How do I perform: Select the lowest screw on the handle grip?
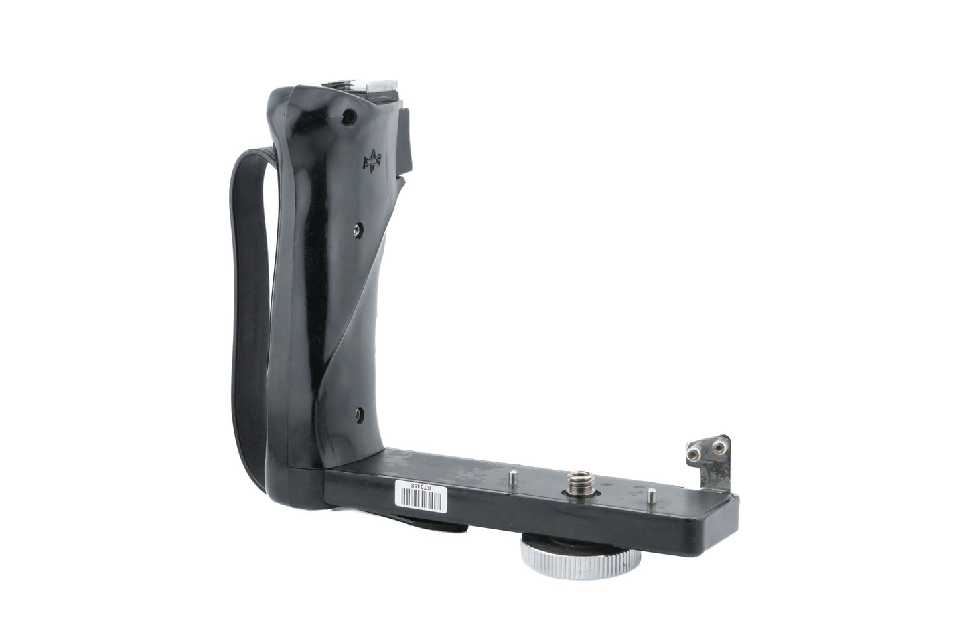pyautogui.click(x=359, y=414)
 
